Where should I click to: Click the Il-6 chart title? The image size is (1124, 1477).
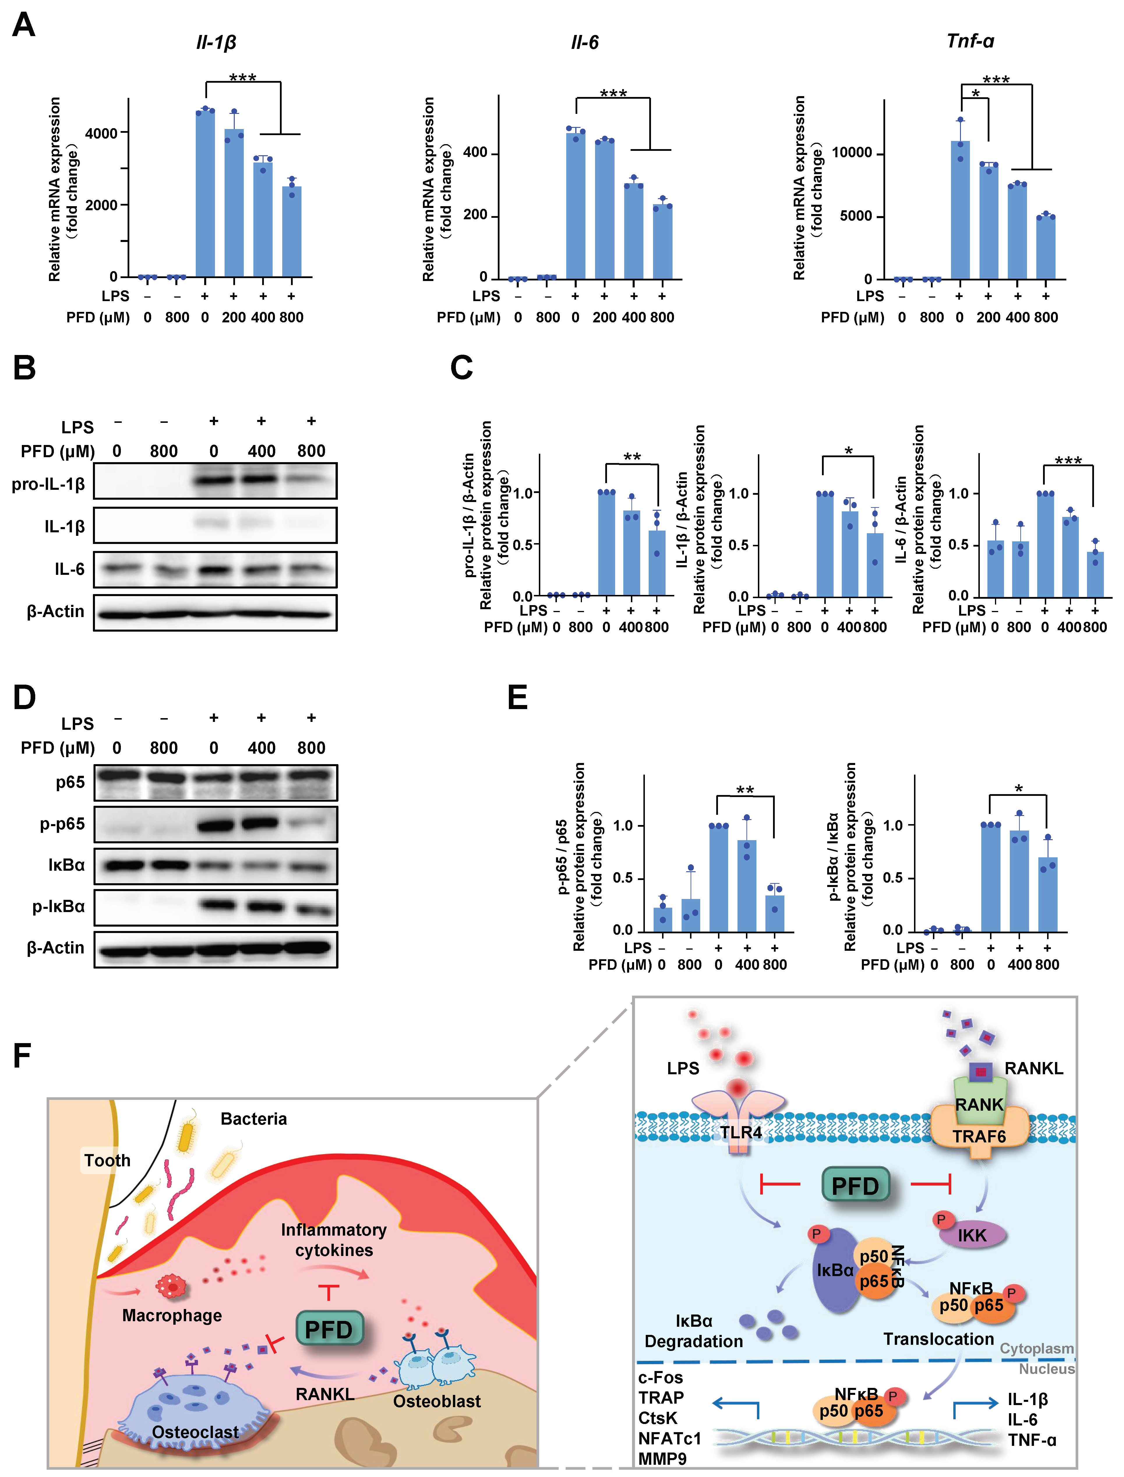click(584, 43)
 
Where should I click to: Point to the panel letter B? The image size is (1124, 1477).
click(25, 368)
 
